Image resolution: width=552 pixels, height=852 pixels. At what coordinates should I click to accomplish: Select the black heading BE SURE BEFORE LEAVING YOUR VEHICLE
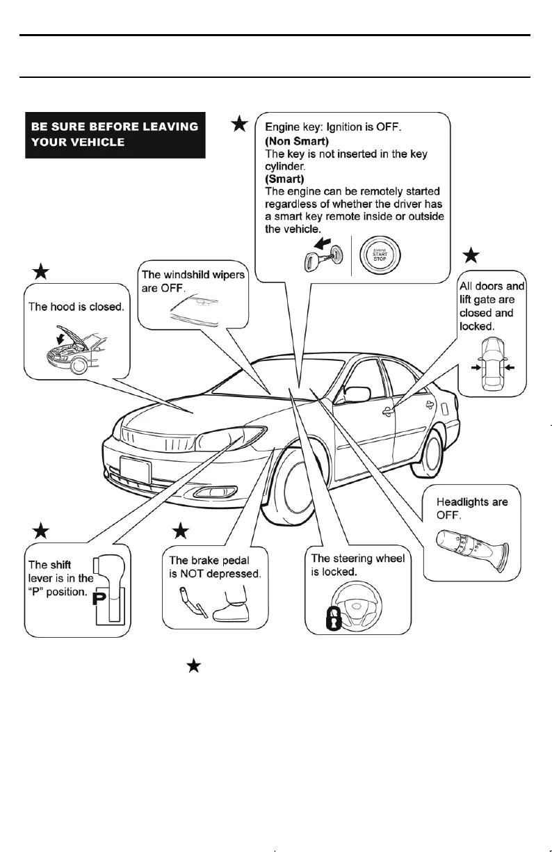coord(115,134)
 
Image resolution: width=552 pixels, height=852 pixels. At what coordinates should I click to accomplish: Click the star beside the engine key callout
coord(238,124)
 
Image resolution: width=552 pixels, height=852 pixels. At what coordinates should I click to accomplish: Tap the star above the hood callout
coord(41,272)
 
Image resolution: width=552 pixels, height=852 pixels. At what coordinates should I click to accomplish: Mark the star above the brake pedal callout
coord(181,532)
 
